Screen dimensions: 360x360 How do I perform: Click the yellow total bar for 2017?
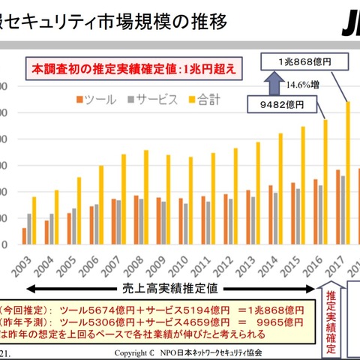pyautogui.click(x=348, y=172)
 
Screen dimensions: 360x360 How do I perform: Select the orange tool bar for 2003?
pyautogui.click(x=24, y=236)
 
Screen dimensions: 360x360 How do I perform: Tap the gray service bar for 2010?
pyautogui.click(x=186, y=223)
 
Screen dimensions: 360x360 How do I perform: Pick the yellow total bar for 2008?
pyautogui.click(x=145, y=197)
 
